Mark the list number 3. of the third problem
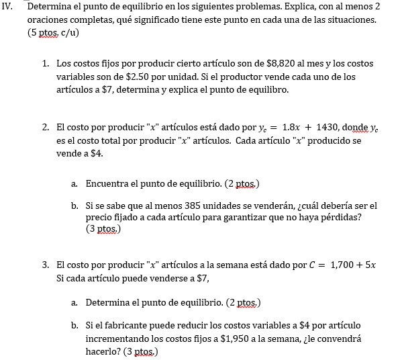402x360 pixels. [44, 265]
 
